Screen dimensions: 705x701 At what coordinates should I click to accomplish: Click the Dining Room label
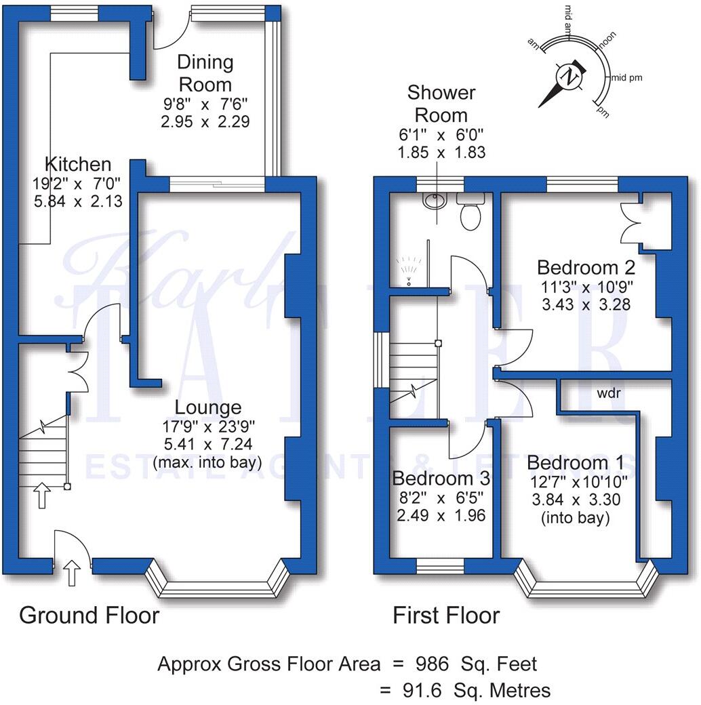click(205, 73)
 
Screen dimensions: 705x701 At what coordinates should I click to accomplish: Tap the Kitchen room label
click(77, 164)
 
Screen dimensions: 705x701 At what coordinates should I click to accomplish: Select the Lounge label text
click(207, 407)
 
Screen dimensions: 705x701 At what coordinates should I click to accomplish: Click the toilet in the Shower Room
click(469, 211)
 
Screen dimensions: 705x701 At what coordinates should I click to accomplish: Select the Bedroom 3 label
click(441, 479)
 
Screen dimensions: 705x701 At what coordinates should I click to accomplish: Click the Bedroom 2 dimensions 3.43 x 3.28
click(586, 304)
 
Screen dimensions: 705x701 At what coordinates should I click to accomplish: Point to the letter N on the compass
click(570, 77)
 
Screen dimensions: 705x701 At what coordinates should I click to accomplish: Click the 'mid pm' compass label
click(626, 78)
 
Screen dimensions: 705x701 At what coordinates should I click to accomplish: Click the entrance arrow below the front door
click(73, 573)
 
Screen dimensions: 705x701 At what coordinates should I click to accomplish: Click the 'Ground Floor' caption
click(89, 616)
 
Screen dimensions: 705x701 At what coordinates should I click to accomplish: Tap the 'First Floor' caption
click(446, 616)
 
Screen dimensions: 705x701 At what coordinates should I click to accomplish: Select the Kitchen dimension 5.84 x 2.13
click(77, 201)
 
